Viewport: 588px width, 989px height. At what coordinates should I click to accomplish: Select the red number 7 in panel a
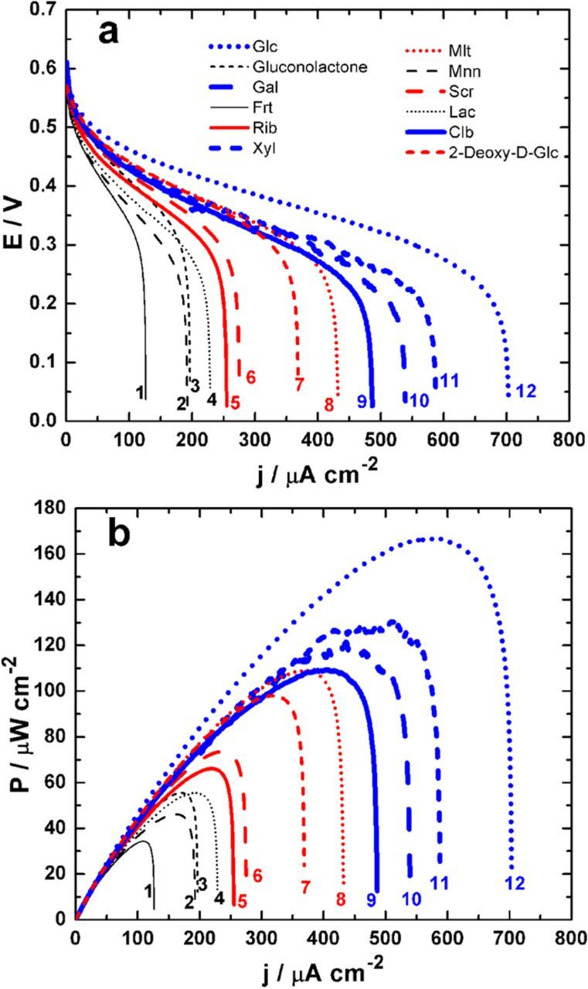click(298, 383)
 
